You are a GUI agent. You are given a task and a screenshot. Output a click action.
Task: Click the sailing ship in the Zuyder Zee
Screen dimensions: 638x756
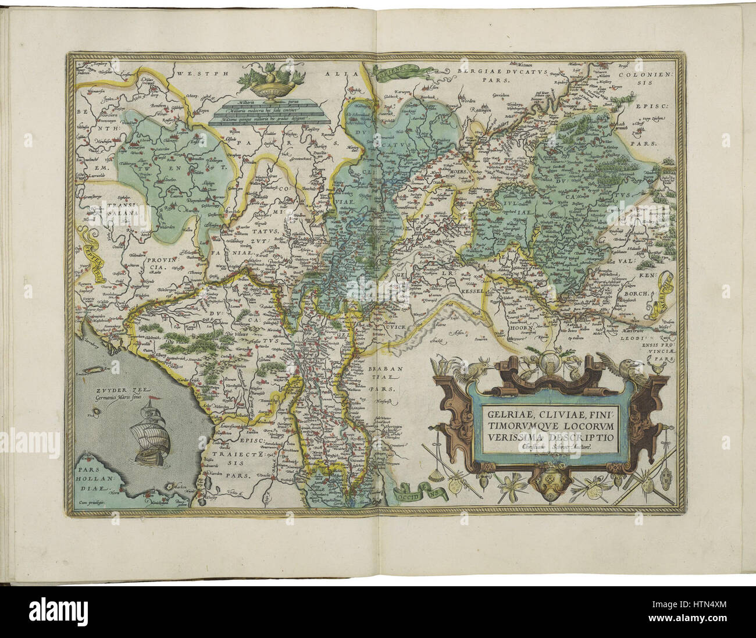(149, 434)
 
